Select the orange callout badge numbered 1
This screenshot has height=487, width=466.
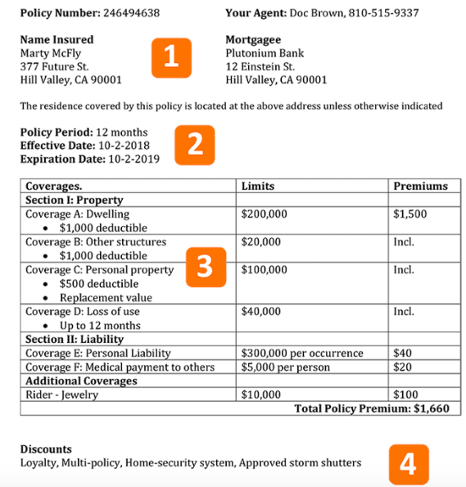tap(170, 57)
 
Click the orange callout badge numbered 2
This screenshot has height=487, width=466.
tap(194, 144)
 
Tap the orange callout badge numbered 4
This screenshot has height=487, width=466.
tap(407, 462)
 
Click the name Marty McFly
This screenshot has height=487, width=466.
tap(51, 53)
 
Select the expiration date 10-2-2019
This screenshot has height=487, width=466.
tap(133, 159)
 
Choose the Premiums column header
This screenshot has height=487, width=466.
tap(420, 186)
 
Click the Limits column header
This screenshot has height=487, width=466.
tap(258, 186)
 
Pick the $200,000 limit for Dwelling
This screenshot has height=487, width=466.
tap(265, 214)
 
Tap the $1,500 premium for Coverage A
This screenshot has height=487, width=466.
tap(410, 214)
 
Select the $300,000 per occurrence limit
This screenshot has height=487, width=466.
tap(302, 353)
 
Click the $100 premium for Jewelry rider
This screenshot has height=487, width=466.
tap(405, 395)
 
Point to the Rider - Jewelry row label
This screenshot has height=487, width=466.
tap(61, 395)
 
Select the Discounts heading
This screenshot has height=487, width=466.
tap(46, 449)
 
